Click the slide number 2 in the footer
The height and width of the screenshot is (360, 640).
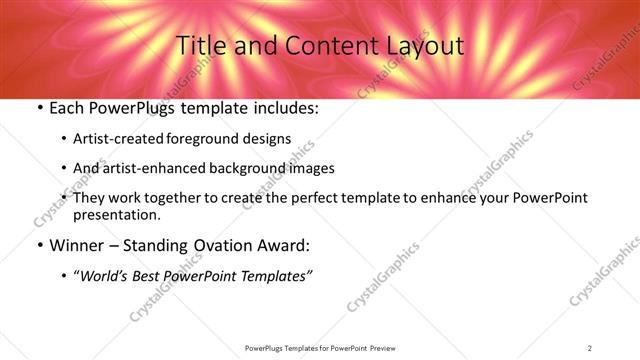tap(590, 347)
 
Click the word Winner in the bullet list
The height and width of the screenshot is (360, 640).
tap(75, 245)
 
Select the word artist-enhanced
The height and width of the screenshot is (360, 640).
tap(148, 168)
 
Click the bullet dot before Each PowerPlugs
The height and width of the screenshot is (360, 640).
tap(39, 107)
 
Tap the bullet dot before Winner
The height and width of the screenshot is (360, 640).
tap(39, 245)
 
